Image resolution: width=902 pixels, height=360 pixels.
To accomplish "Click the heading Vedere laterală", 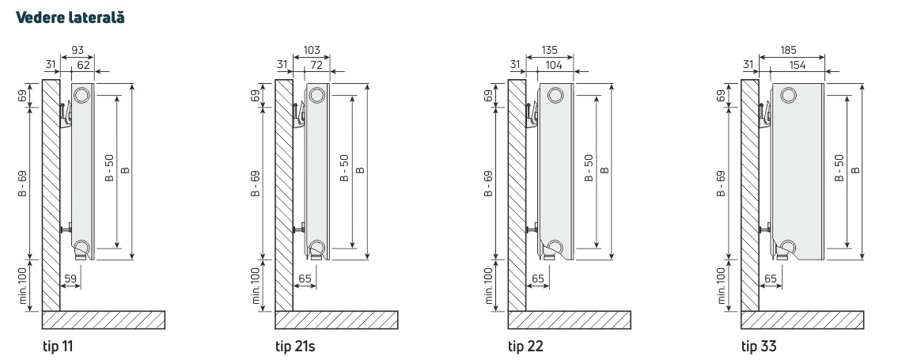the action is pos(70,17).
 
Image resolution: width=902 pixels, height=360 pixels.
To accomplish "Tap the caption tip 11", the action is pos(58,347).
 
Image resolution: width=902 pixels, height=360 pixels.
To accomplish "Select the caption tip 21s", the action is pos(295,347).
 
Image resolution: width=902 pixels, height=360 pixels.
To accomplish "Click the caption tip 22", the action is pos(525,347).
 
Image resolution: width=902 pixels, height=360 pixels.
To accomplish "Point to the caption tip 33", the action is pos(759,347).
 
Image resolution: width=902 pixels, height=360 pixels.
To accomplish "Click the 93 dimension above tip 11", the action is pos(78,50).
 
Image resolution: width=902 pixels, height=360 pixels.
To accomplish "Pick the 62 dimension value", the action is pos(83,65).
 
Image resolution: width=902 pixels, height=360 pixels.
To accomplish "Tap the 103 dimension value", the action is pos(311,50).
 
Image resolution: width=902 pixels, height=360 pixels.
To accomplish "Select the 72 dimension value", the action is pos(316,65).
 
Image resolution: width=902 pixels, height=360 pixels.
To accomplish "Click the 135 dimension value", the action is pos(550,50).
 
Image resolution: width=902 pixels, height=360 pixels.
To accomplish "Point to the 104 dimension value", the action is pos(553,65).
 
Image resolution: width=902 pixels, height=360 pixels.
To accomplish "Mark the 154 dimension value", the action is pos(797,65).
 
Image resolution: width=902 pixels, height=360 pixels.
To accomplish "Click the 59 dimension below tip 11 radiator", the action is pos(70,279).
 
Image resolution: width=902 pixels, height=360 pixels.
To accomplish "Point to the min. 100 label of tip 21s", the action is pos(256,286).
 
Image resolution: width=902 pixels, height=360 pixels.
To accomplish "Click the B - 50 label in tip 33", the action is pos(839,168).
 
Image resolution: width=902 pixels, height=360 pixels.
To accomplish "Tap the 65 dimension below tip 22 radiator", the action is pos(538,279).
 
